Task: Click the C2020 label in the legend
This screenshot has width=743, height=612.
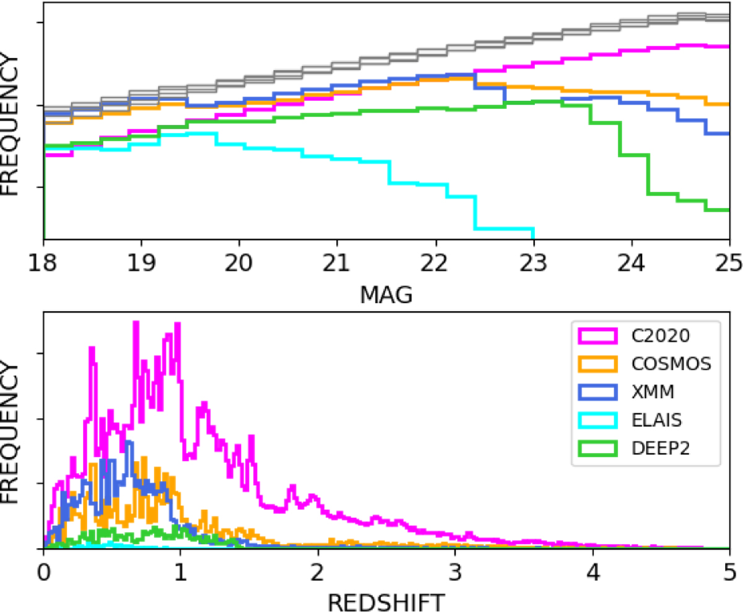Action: tap(658, 337)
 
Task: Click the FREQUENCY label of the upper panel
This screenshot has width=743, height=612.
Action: tap(13, 126)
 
